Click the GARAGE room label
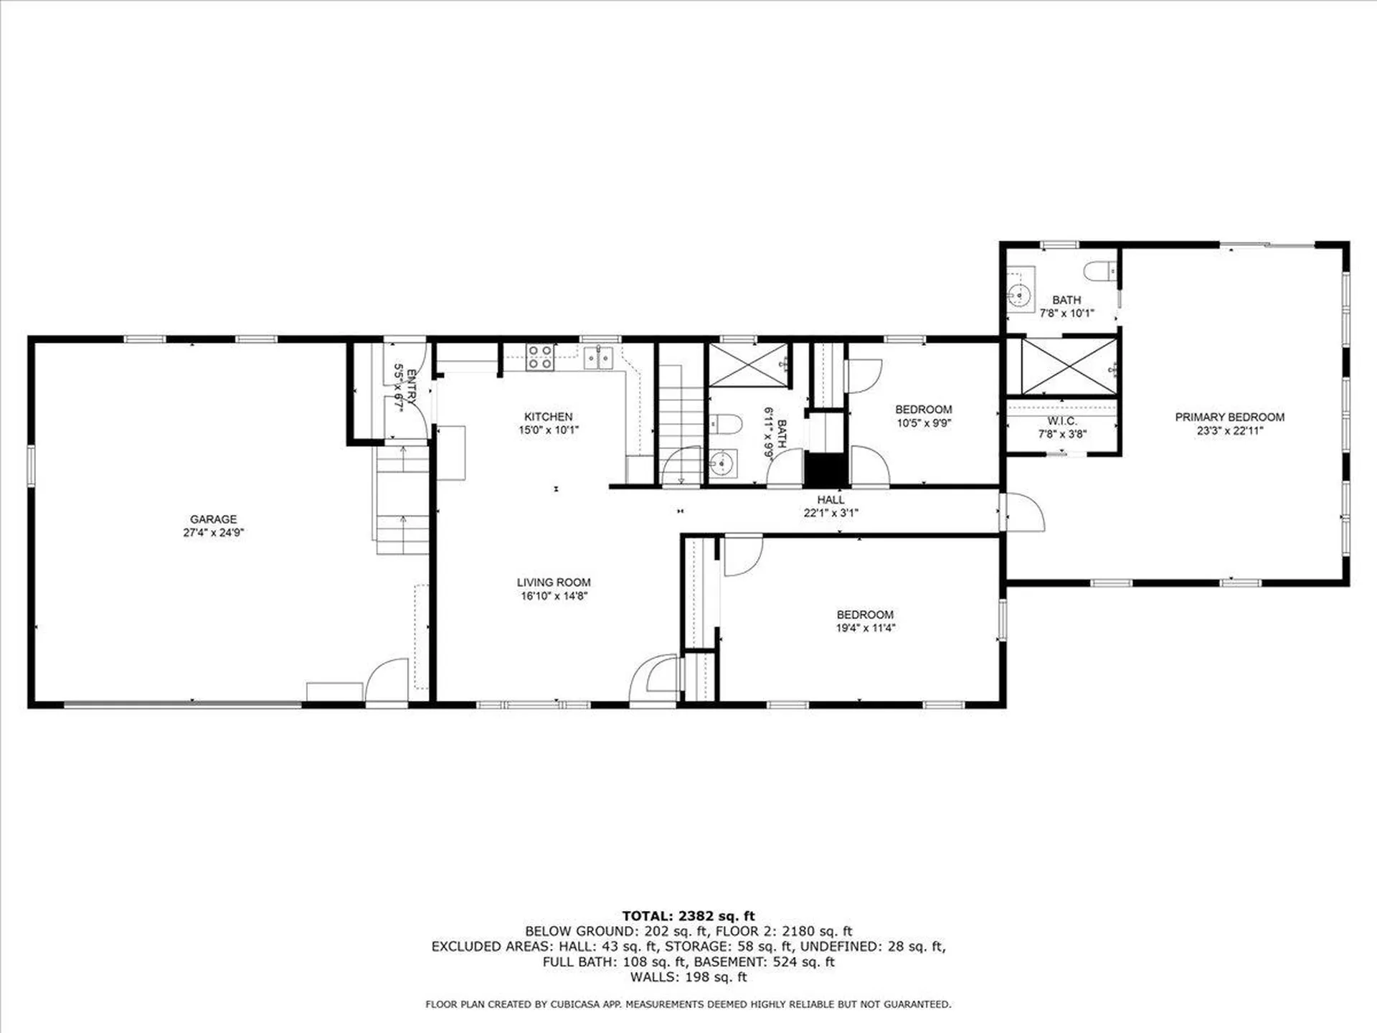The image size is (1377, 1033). click(x=213, y=519)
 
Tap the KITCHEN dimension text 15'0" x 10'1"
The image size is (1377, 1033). click(x=549, y=430)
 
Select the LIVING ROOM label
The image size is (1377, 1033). click(x=554, y=582)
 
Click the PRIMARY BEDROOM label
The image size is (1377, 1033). click(x=1229, y=417)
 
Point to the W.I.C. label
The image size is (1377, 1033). click(x=1061, y=421)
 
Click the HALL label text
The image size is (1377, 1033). click(x=831, y=499)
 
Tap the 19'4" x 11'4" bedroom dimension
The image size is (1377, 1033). click(x=866, y=628)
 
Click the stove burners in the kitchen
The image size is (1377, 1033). click(x=539, y=357)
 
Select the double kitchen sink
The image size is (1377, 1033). click(x=598, y=357)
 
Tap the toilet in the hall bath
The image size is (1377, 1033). click(x=724, y=424)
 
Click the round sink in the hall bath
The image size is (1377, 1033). click(x=723, y=464)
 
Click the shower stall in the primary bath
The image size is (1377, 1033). click(x=1069, y=367)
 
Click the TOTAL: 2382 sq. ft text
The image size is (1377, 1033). click(x=688, y=915)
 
